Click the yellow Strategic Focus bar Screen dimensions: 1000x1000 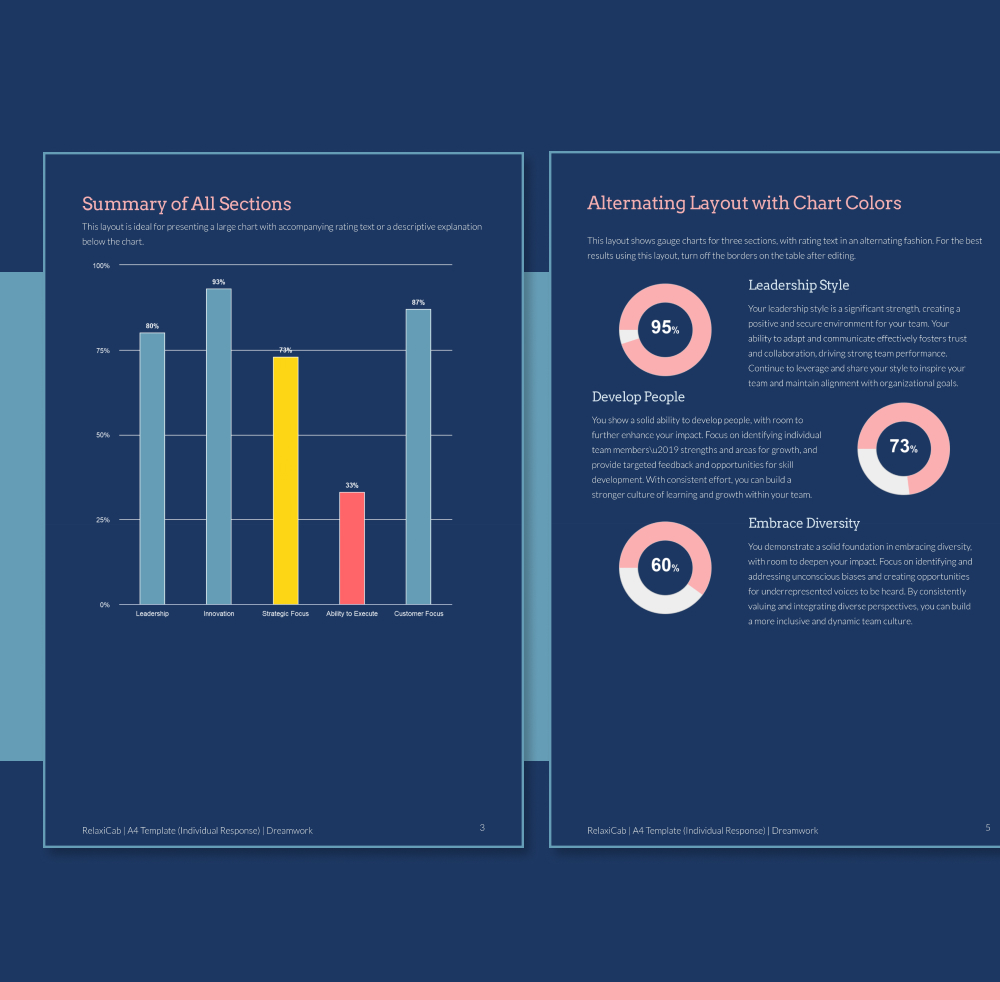pyautogui.click(x=285, y=480)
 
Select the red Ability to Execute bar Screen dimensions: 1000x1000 pyautogui.click(x=352, y=548)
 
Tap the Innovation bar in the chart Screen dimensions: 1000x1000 pyautogui.click(x=218, y=446)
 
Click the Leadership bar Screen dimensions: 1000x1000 pyautogui.click(x=152, y=468)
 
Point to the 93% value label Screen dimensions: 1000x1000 pyautogui.click(x=218, y=282)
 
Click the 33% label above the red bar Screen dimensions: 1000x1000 pyautogui.click(x=352, y=486)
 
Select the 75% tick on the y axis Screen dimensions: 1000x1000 pyautogui.click(x=102, y=351)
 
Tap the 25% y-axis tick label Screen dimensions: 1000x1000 pyautogui.click(x=102, y=521)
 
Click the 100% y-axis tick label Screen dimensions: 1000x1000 pyautogui.click(x=101, y=266)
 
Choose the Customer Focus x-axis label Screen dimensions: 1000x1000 pyautogui.click(x=418, y=614)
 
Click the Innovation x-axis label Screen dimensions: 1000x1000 pyautogui.click(x=218, y=614)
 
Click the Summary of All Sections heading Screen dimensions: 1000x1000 pyautogui.click(x=187, y=204)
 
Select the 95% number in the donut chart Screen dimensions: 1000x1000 pyautogui.click(x=664, y=328)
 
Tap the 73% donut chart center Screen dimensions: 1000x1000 pyautogui.click(x=903, y=447)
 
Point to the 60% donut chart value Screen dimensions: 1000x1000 pyautogui.click(x=664, y=566)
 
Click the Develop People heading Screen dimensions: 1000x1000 pyautogui.click(x=638, y=397)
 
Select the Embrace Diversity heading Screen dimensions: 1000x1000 pyautogui.click(x=804, y=523)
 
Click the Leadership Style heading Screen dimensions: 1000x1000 pyautogui.click(x=798, y=286)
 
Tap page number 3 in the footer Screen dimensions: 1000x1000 pyautogui.click(x=482, y=828)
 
